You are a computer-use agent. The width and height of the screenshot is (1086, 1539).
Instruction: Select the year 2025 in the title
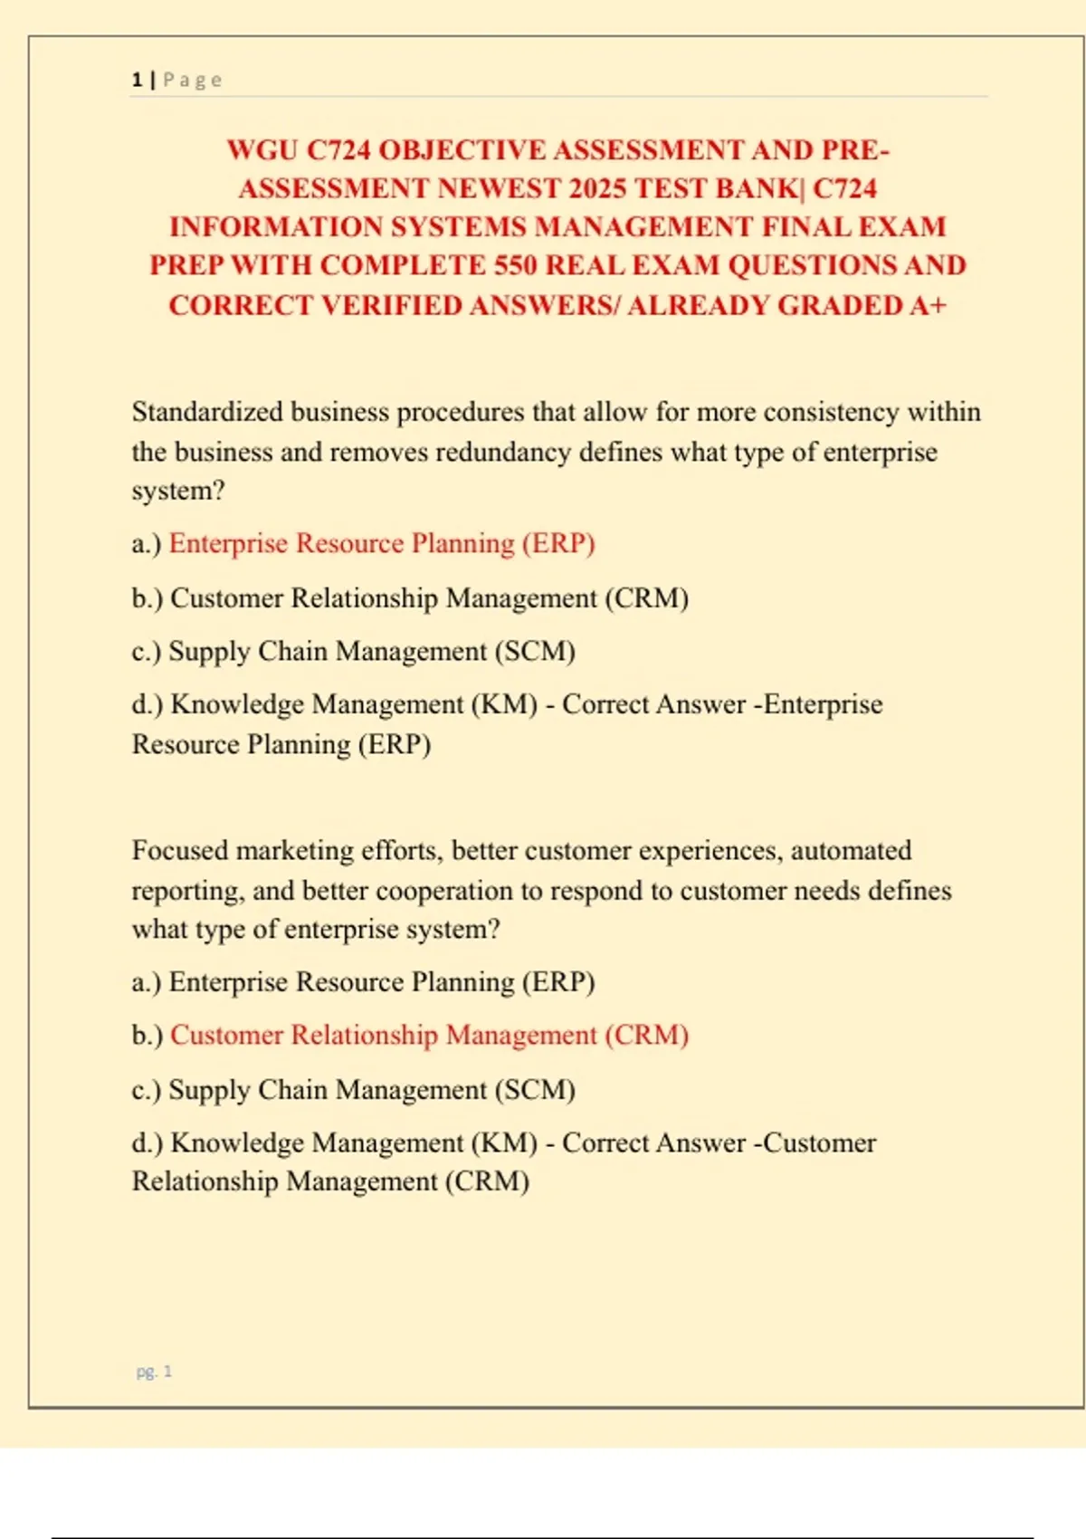(597, 188)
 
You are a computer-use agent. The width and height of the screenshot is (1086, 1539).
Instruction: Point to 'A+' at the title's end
(927, 305)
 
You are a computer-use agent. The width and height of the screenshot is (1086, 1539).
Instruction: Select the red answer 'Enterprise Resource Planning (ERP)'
(382, 543)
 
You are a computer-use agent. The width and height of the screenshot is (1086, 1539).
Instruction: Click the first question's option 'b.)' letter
(147, 598)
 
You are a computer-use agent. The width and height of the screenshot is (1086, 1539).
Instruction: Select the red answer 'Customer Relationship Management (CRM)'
(429, 1036)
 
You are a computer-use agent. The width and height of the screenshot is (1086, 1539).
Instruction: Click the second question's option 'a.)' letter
(146, 982)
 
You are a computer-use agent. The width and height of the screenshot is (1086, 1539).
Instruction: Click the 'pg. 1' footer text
(154, 1372)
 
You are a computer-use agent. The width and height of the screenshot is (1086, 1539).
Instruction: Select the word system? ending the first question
(177, 491)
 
